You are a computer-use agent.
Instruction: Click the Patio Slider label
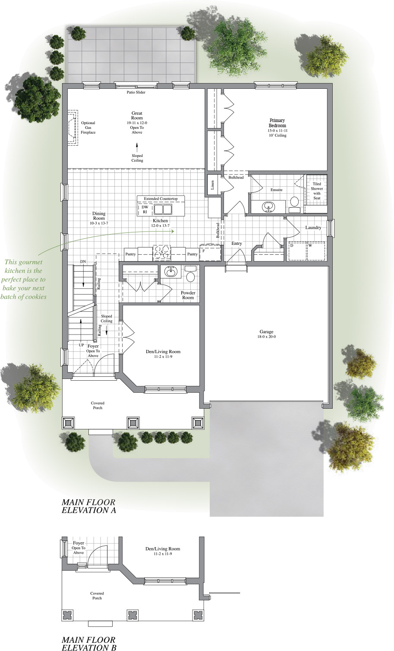[x=136, y=92]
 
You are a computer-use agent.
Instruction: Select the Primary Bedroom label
[x=277, y=123]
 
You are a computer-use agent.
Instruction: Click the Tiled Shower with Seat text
[x=317, y=191]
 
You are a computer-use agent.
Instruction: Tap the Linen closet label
[x=212, y=185]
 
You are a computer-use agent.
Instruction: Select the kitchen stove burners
[x=162, y=252]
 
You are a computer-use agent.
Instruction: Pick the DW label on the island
[x=145, y=207]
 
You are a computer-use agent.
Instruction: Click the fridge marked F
[x=204, y=250]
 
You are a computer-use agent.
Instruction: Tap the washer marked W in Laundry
[x=310, y=246]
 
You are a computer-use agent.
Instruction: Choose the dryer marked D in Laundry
[x=292, y=246]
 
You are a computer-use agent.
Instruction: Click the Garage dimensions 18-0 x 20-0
[x=266, y=337]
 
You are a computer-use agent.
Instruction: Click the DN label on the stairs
[x=83, y=262]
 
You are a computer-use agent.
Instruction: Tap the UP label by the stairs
[x=81, y=345]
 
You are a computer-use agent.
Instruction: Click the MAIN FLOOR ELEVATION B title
[x=88, y=643]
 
